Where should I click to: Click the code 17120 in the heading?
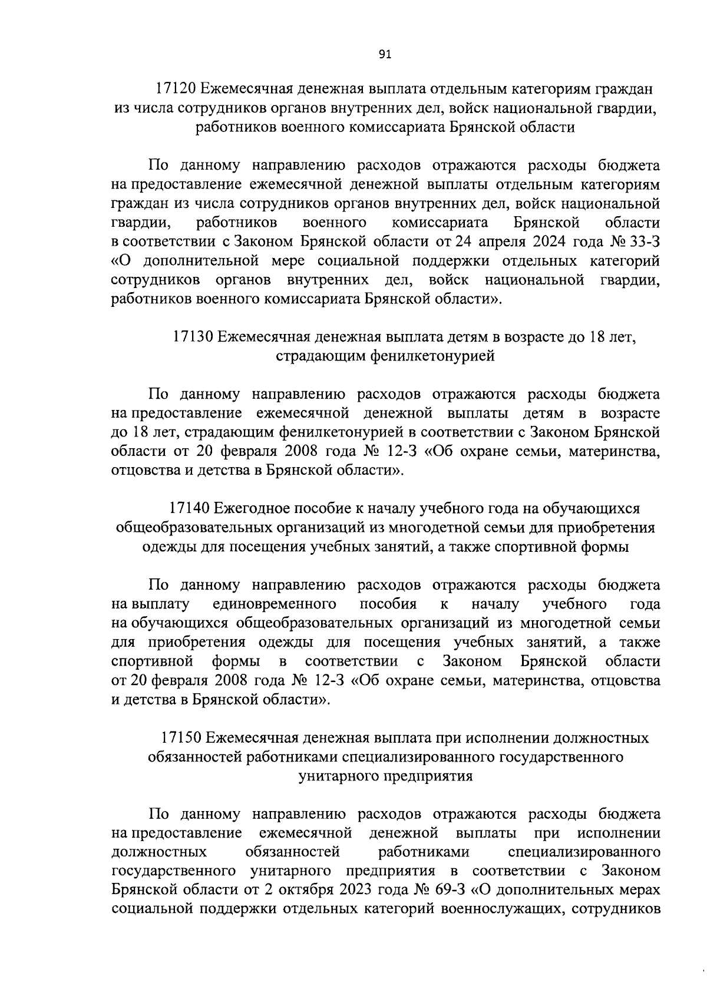click(175, 89)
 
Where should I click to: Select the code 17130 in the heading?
click(193, 336)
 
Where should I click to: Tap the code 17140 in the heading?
click(189, 508)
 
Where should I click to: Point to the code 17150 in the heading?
click(180, 737)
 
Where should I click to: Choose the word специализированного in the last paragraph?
click(583, 852)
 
